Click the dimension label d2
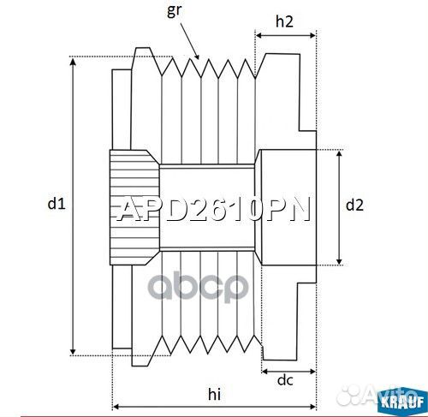354,205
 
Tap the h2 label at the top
286,23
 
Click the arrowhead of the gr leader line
199,58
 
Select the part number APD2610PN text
213,210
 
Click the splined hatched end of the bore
134,206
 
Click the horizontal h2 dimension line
286,38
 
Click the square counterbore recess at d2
287,206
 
